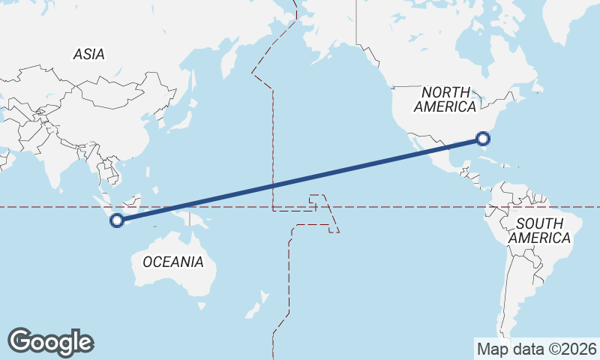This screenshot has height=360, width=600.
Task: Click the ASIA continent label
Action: coord(88,54)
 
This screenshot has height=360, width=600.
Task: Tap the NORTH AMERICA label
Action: coord(445,99)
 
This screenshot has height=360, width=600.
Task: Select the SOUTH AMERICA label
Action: coord(539,230)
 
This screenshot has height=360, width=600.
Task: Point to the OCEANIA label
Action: coord(172,262)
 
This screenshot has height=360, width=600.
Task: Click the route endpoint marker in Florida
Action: coord(483,138)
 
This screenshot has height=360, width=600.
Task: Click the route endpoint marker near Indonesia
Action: coord(116,220)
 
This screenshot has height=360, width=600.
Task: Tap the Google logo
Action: coord(50,341)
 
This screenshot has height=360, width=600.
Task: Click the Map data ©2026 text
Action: coord(536,349)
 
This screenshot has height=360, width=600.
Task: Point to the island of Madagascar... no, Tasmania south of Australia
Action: coord(201,305)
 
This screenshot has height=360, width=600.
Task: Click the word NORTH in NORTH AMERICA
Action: coord(445,91)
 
